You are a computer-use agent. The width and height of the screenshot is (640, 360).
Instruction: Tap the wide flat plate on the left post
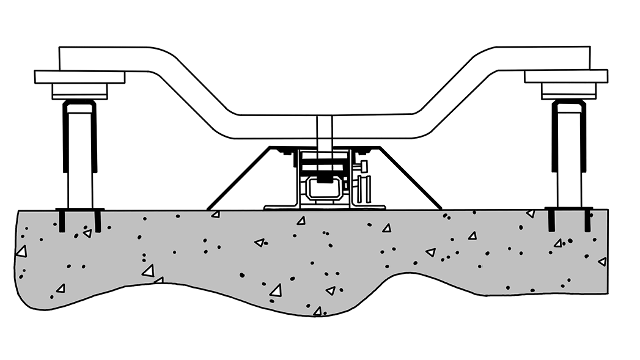point(79,77)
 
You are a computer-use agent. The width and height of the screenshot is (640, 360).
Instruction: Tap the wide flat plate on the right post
point(566,76)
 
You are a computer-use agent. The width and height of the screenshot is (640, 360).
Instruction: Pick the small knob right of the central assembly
point(364,166)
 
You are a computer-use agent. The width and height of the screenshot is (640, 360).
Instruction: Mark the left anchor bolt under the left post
point(62,220)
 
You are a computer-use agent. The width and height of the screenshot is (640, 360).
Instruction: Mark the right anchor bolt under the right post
point(587,220)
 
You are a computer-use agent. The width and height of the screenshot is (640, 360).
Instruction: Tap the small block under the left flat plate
point(79,90)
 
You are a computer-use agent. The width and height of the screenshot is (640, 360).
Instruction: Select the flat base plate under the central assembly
point(324,207)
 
